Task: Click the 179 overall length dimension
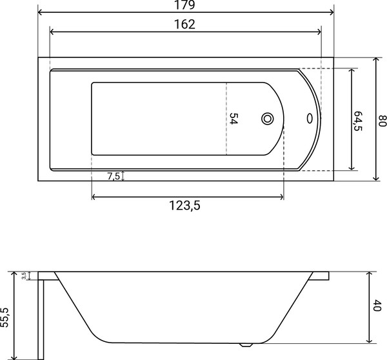(x=185, y=5)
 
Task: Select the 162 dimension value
(x=185, y=25)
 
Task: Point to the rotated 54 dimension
(x=234, y=119)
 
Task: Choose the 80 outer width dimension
(x=381, y=119)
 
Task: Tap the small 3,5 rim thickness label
(x=24, y=275)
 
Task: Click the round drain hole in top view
(x=268, y=119)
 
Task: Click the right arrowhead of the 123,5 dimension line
(x=281, y=196)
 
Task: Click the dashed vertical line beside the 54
(x=226, y=119)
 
